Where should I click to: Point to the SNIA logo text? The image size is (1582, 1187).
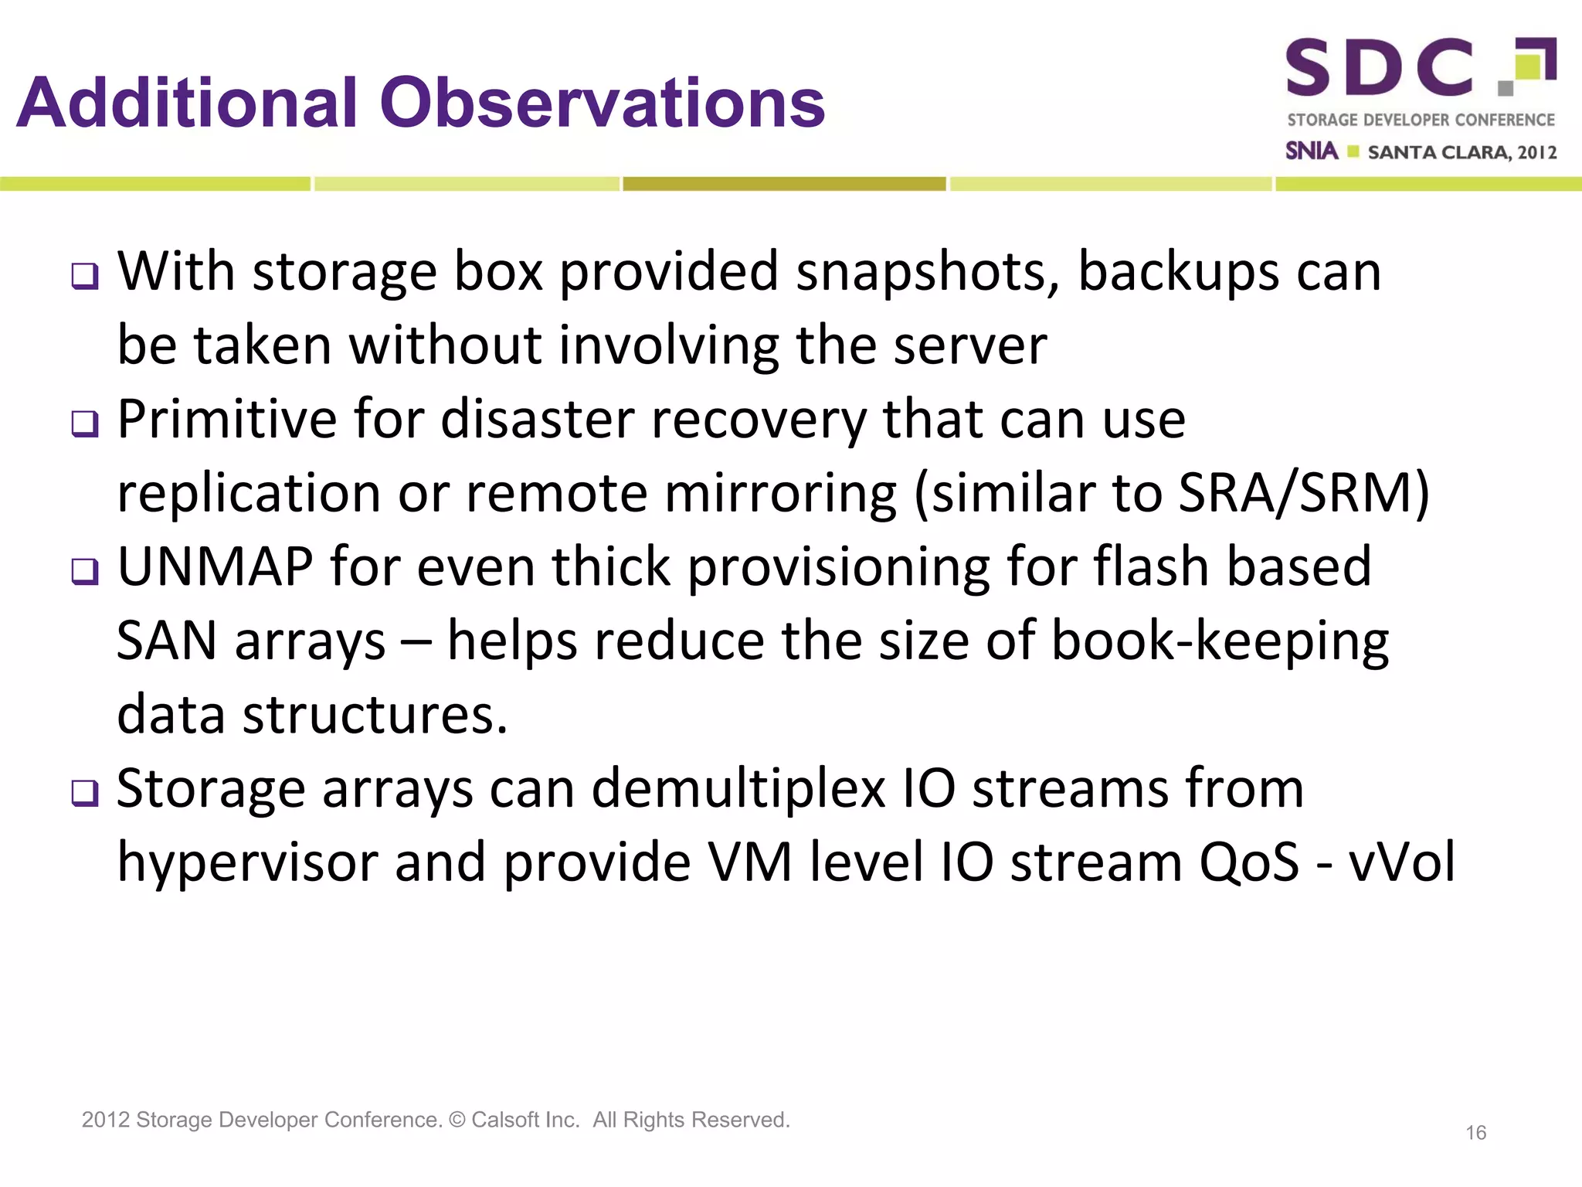click(1311, 151)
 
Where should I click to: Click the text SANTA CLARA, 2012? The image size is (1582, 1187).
click(1461, 152)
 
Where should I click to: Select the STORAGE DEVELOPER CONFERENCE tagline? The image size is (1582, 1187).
click(1421, 120)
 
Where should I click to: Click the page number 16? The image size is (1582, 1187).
click(1475, 1133)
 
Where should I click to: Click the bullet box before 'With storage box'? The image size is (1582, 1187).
click(85, 276)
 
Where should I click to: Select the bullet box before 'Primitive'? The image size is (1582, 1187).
click(85, 423)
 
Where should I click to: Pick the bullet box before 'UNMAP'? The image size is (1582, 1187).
click(85, 571)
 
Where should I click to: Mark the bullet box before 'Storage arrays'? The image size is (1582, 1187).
click(85, 793)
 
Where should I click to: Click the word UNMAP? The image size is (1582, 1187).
click(215, 567)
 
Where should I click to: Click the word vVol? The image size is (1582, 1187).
click(1401, 862)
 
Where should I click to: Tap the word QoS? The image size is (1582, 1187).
click(1249, 862)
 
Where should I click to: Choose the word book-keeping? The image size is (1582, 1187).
click(1220, 641)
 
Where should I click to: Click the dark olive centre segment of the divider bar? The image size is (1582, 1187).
click(784, 184)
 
